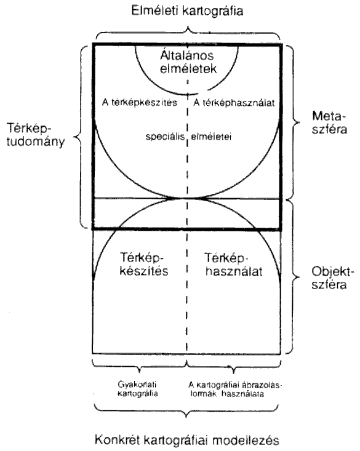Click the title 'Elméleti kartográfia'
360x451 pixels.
point(187,10)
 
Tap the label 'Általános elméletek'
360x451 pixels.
point(188,62)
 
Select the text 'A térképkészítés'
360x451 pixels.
point(140,102)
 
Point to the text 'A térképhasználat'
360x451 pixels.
point(234,103)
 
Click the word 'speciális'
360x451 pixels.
point(165,137)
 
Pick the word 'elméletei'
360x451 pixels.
point(211,137)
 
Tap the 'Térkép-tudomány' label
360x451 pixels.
point(36,135)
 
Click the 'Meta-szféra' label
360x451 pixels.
point(329,122)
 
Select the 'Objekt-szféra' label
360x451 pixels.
point(332,278)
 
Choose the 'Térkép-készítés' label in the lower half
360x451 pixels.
point(144,264)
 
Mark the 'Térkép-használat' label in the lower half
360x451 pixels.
point(234,265)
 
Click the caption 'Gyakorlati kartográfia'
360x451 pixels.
point(138,389)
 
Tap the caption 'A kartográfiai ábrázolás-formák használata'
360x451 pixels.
point(234,389)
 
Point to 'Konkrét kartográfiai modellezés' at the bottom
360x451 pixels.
point(187,440)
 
